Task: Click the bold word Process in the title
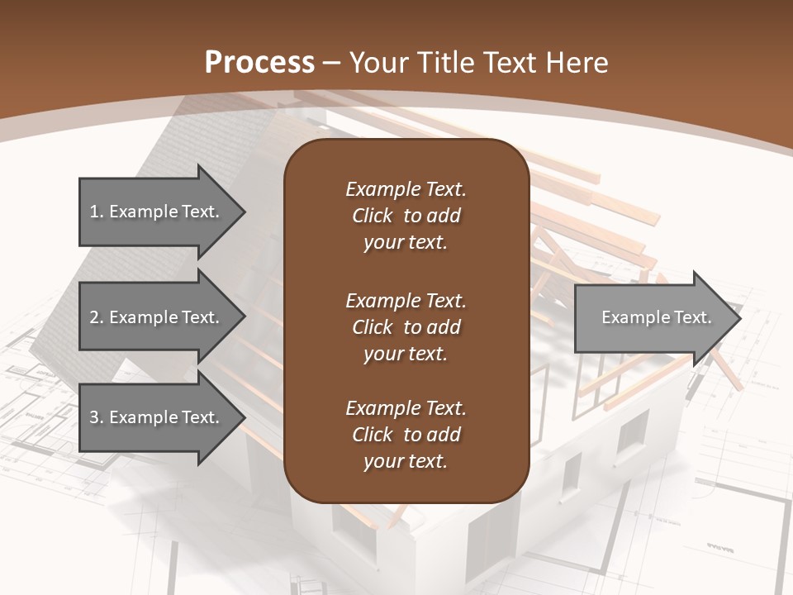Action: pyautogui.click(x=259, y=63)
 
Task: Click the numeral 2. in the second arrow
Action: pyautogui.click(x=97, y=317)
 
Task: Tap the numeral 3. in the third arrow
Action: pyautogui.click(x=97, y=417)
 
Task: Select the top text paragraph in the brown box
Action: pyautogui.click(x=406, y=216)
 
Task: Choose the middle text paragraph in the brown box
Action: pyautogui.click(x=406, y=326)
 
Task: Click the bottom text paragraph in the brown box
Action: pyautogui.click(x=406, y=435)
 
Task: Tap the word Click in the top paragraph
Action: pyautogui.click(x=373, y=216)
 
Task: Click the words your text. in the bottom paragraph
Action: pyautogui.click(x=406, y=461)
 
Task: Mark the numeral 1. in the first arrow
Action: pyautogui.click(x=97, y=212)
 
